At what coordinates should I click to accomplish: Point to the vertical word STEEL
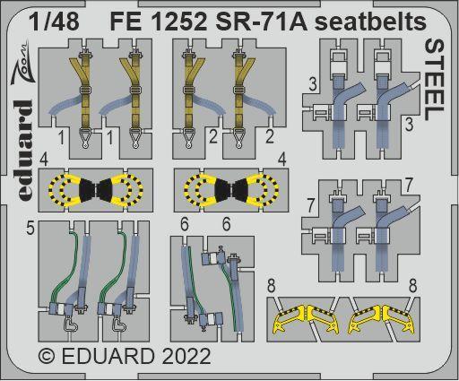(432, 80)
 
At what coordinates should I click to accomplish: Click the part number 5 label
(30, 229)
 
